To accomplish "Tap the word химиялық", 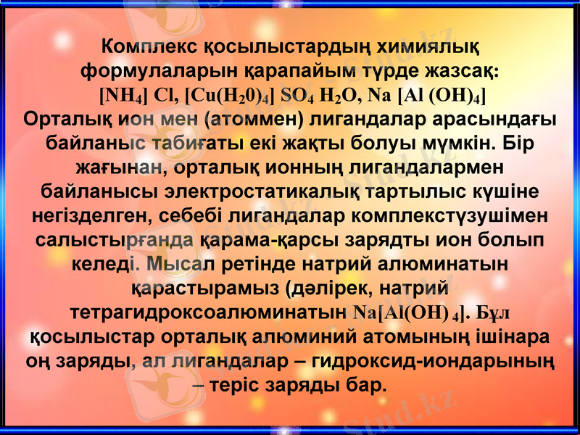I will (x=427, y=48).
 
